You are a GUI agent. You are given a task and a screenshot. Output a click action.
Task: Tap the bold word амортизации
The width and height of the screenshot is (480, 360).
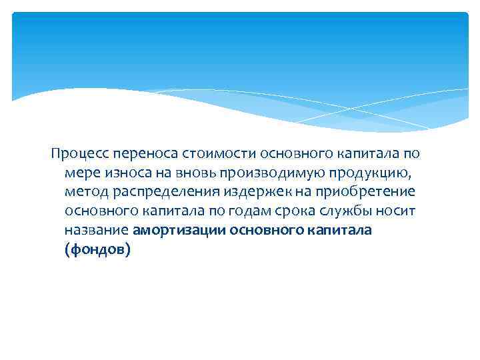click(179, 231)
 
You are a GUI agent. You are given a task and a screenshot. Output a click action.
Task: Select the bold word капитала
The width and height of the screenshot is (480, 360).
click(341, 231)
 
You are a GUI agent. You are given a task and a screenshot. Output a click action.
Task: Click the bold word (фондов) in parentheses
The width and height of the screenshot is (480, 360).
click(98, 250)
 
